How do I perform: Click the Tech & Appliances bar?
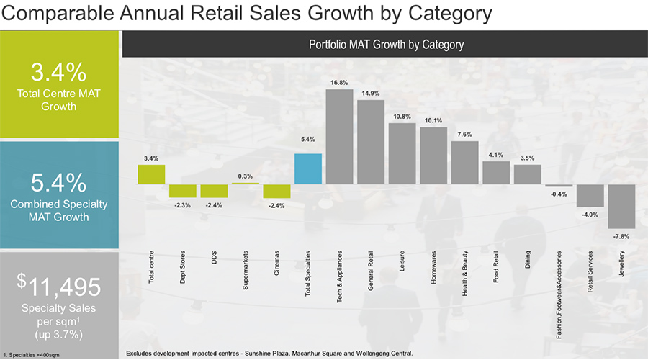click(339, 137)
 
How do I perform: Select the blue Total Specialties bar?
click(308, 169)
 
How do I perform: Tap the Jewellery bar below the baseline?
click(621, 207)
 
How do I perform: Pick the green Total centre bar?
click(151, 175)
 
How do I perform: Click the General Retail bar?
click(371, 142)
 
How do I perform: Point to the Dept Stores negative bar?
click(183, 191)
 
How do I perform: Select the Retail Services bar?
click(590, 196)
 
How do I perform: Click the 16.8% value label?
click(339, 83)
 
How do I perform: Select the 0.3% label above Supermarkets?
click(246, 176)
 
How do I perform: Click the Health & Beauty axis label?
click(465, 267)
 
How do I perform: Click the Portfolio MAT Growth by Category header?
click(386, 45)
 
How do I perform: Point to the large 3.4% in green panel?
click(58, 73)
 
